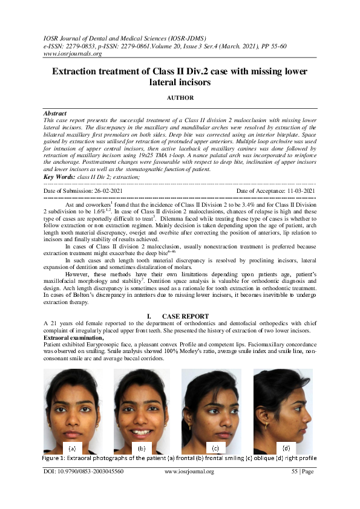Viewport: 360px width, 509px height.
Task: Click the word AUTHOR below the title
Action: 180,97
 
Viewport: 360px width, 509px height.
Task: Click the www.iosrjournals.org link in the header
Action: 72,53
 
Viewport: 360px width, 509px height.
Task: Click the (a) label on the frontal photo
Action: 71,449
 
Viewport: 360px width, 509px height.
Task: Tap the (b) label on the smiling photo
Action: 142,449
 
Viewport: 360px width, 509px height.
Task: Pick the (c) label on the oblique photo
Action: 215,449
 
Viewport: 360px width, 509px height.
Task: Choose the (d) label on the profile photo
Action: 286,449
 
